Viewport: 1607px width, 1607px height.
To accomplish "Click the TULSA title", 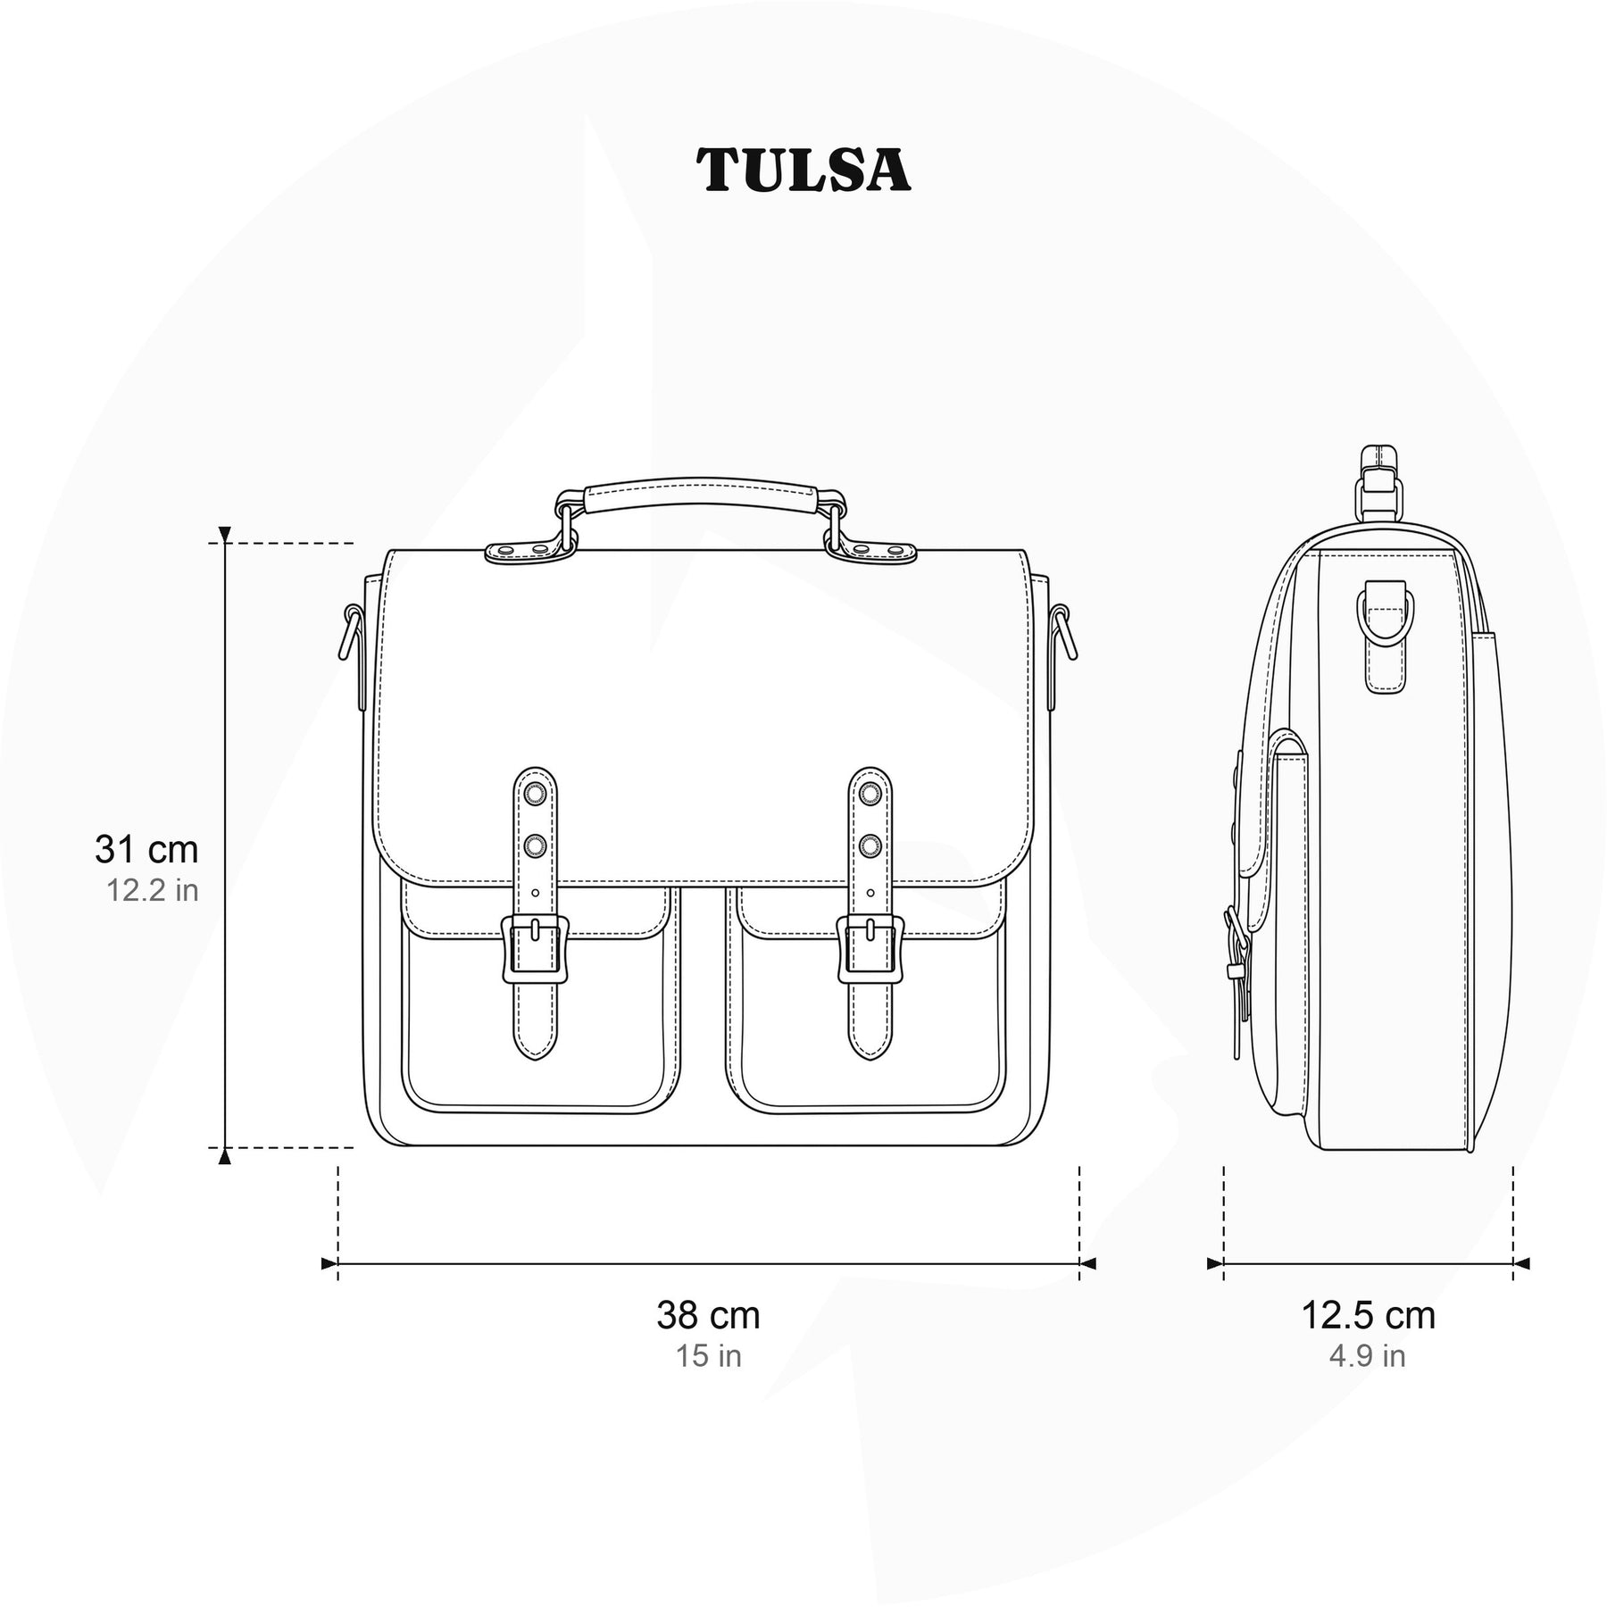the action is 803,171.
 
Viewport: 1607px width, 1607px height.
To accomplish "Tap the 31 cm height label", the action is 146,849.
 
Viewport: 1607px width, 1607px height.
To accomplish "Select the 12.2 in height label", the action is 153,890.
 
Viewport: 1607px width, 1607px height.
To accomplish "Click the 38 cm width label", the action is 709,1315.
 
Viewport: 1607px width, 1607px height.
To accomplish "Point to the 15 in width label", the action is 709,1356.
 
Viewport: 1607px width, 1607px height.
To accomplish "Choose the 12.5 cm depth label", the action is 1368,1315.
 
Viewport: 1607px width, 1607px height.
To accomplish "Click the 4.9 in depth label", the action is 1368,1356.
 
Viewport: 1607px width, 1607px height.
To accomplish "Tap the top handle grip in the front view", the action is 701,496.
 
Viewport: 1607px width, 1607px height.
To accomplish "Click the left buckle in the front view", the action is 535,949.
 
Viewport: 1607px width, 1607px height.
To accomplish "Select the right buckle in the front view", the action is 870,949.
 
